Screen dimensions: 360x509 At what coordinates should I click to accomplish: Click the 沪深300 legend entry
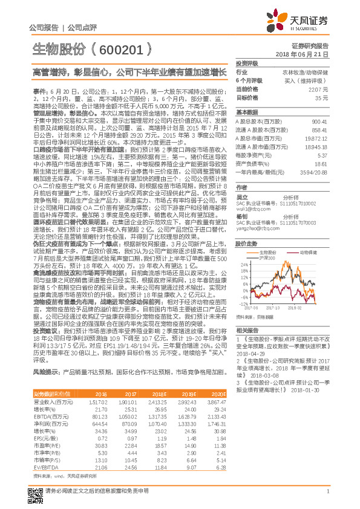pyautogui.click(x=265, y=258)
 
